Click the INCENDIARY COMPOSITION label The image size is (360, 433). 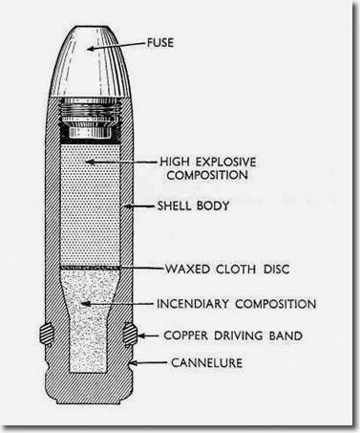(236, 304)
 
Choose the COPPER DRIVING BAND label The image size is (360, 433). (234, 336)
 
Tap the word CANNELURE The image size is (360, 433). (203, 364)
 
